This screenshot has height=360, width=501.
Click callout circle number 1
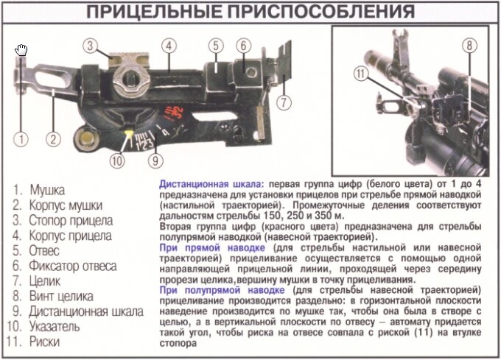[x=23, y=138]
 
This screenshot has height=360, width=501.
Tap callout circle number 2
[x=53, y=138]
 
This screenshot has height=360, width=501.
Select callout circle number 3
[x=90, y=46]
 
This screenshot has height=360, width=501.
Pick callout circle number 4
[x=169, y=46]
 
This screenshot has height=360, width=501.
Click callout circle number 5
[x=215, y=46]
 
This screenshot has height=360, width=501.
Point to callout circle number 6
[x=242, y=46]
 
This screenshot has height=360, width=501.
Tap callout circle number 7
[x=284, y=102]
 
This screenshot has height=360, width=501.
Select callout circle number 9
[x=153, y=159]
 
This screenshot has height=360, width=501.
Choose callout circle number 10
[x=116, y=159]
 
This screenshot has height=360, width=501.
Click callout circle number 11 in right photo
[x=360, y=73]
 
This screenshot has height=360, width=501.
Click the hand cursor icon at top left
[x=22, y=50]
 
